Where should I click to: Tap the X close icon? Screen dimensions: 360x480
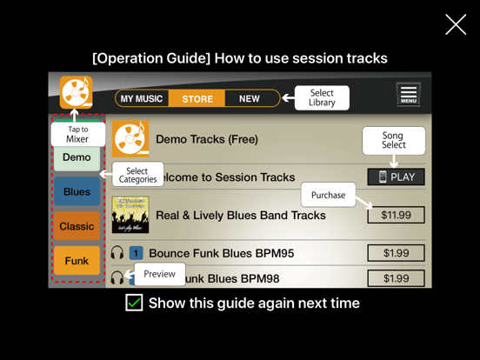point(456,24)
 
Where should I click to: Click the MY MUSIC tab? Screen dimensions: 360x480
point(142,99)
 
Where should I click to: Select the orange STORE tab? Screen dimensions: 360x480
point(197,99)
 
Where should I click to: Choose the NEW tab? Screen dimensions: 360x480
point(250,99)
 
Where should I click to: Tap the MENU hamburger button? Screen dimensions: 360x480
point(409,94)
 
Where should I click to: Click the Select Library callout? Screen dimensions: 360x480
point(322,97)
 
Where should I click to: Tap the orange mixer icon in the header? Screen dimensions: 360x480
point(77,92)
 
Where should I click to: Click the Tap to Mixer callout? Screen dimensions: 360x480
point(77,134)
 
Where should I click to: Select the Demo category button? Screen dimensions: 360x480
point(77,158)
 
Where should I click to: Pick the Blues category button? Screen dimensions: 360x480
point(77,192)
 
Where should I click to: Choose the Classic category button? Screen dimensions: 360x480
point(77,227)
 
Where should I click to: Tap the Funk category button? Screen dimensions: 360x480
point(77,261)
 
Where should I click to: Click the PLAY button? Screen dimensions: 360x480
point(396,177)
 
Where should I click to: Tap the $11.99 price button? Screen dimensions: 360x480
point(396,215)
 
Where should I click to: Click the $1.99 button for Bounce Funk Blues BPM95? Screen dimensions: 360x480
point(396,253)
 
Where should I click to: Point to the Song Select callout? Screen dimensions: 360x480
point(393,140)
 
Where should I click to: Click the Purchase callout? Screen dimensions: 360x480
point(328,195)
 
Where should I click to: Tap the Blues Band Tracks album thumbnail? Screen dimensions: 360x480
point(130,215)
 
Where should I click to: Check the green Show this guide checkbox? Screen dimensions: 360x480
point(134,303)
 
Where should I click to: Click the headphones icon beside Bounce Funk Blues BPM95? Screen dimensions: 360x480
point(117,253)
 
